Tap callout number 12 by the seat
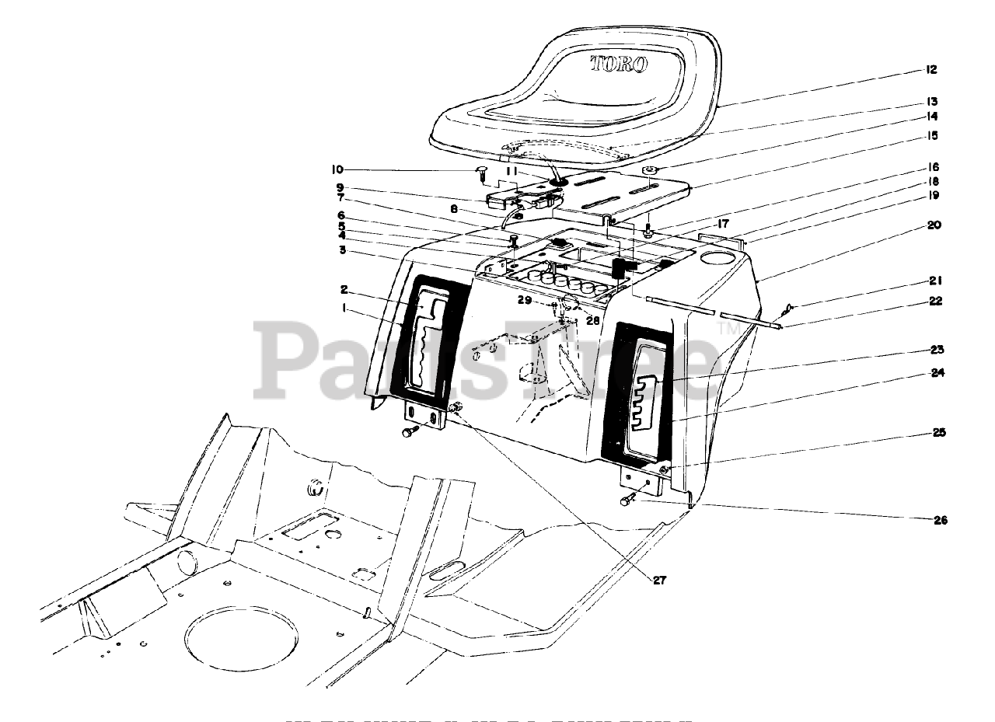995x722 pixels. tap(930, 70)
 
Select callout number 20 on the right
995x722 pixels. tap(933, 225)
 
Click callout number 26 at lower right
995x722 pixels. tap(940, 520)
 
